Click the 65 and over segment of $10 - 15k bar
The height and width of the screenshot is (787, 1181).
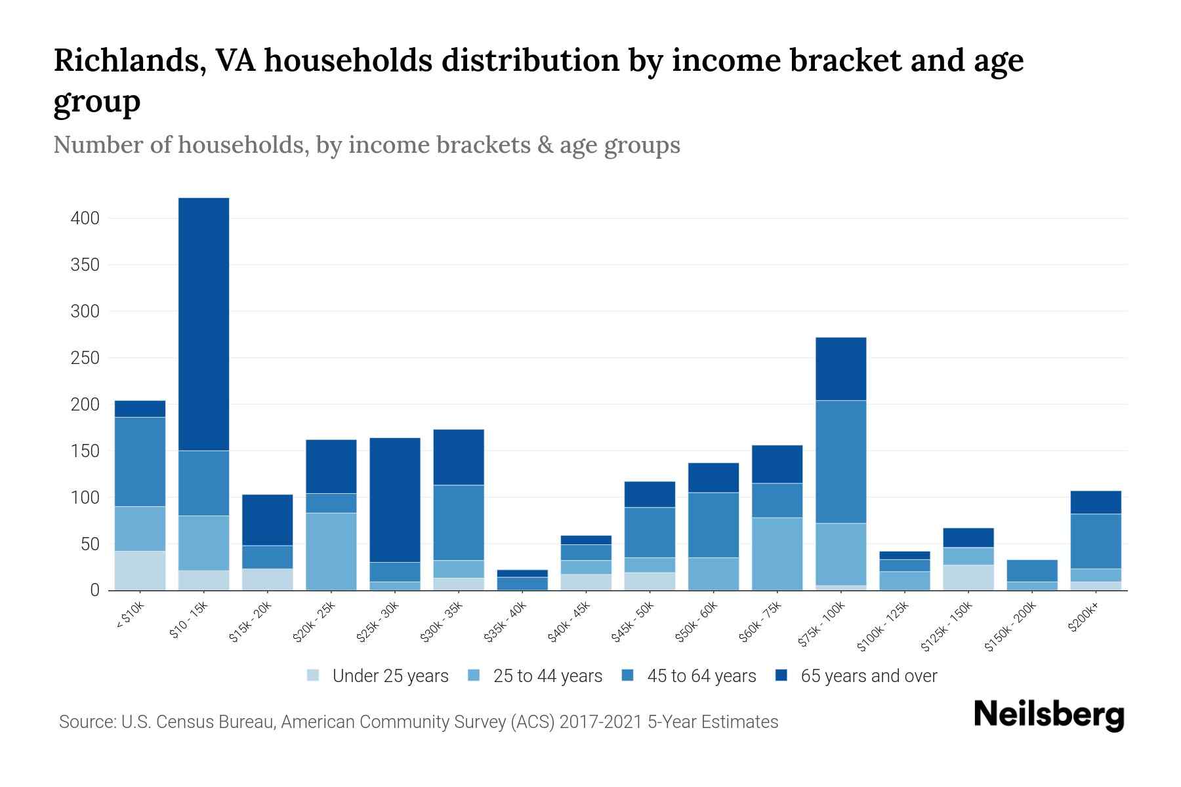(x=203, y=324)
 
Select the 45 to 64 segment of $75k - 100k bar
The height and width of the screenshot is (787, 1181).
(x=840, y=462)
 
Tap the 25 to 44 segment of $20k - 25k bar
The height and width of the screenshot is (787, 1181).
(x=331, y=552)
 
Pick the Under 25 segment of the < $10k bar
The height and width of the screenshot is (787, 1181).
(x=140, y=571)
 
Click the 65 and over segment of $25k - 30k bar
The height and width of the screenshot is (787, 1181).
(x=394, y=500)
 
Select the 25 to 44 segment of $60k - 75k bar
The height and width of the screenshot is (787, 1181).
(x=777, y=554)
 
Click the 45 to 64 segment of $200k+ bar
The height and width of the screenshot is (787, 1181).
(x=1095, y=541)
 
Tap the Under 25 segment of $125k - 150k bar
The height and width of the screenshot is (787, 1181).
(x=968, y=578)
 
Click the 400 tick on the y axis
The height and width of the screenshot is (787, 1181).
(x=85, y=218)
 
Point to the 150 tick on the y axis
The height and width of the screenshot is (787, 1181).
(x=85, y=451)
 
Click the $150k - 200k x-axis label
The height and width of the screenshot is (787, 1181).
(x=1010, y=627)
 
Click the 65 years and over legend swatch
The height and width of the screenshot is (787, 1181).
(x=781, y=676)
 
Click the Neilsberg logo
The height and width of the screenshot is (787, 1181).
(x=1048, y=715)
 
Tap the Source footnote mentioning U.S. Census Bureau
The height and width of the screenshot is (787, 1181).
(x=418, y=722)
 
